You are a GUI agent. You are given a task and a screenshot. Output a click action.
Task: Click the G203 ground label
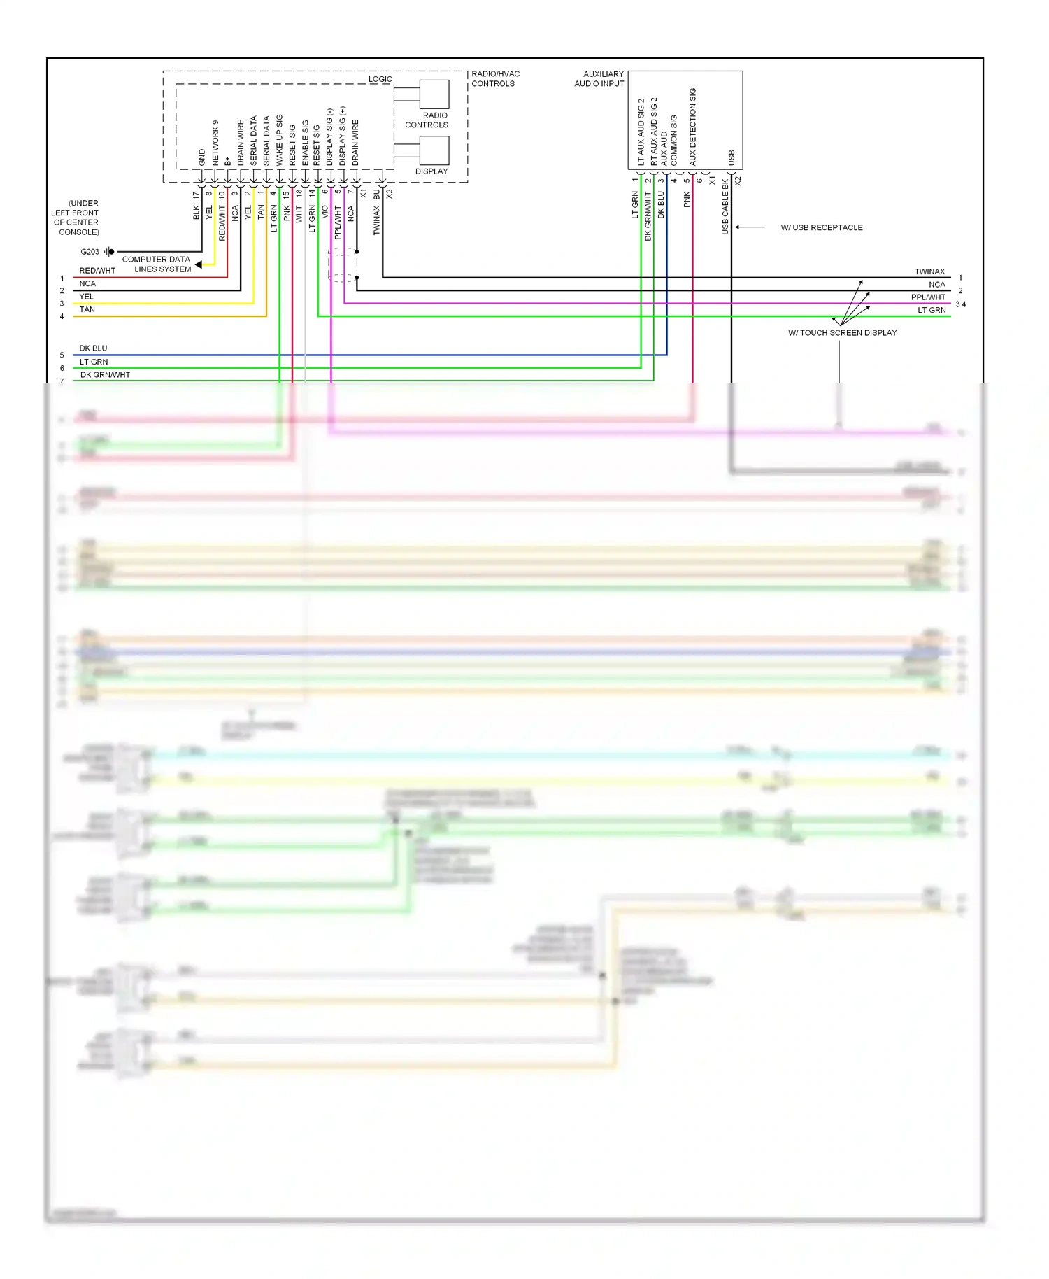click(x=90, y=252)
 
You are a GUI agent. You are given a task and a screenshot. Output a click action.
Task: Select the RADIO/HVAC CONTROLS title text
click(x=495, y=78)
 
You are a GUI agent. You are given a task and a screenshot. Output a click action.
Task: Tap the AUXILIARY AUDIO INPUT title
click(x=599, y=78)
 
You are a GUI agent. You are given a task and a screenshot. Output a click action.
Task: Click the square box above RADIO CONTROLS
click(x=434, y=94)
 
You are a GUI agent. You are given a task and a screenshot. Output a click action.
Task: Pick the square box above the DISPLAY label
click(x=434, y=150)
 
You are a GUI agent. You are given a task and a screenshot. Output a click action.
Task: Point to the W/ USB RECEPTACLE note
click(x=822, y=227)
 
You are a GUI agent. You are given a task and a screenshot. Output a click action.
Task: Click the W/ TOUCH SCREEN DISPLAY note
click(x=842, y=333)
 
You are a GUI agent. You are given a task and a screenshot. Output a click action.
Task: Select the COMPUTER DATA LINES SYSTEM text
click(x=157, y=264)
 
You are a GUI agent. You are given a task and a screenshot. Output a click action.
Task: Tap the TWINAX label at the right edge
click(x=929, y=271)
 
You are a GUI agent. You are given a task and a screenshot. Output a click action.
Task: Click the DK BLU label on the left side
click(x=93, y=348)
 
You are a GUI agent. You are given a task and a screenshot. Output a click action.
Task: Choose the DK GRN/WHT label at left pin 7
click(x=105, y=375)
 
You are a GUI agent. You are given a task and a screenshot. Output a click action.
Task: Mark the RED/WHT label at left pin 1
click(x=97, y=271)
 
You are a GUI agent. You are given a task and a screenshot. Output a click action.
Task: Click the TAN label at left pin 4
click(x=87, y=309)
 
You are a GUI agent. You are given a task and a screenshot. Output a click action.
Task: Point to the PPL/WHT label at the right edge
click(x=928, y=297)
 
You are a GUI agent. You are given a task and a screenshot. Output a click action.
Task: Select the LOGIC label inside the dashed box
click(x=380, y=79)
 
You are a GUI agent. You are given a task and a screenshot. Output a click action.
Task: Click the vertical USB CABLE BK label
click(x=725, y=206)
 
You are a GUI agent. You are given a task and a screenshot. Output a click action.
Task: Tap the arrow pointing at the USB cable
click(x=750, y=227)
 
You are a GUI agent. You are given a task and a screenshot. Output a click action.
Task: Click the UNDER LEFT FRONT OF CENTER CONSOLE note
click(x=75, y=218)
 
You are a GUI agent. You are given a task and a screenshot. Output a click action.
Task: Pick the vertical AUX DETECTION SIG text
click(x=693, y=127)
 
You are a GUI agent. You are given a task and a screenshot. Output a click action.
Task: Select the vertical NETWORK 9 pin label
click(x=215, y=143)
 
